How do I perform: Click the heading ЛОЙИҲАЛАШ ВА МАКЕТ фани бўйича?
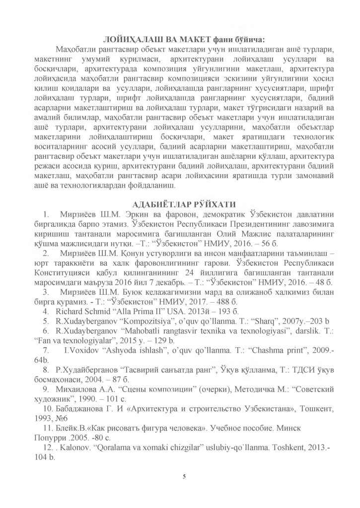183,40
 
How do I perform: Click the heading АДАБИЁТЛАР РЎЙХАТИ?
183,203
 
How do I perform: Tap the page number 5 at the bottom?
184,477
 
